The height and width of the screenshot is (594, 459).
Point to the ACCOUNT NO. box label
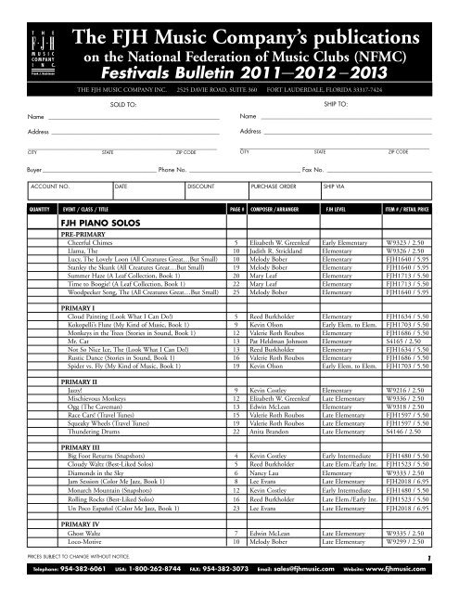pyautogui.click(x=52, y=187)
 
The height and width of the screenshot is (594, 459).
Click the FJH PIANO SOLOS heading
pyautogui.click(x=91, y=225)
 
